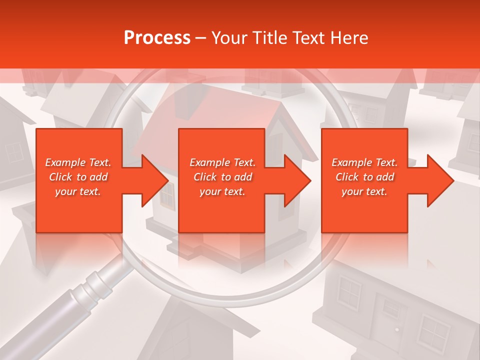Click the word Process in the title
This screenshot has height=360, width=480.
[x=157, y=38]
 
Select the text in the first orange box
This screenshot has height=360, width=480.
[x=78, y=177]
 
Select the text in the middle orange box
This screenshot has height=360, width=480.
[x=222, y=177]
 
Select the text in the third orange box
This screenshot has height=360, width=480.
[x=364, y=177]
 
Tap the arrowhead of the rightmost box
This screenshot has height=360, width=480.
[x=439, y=180]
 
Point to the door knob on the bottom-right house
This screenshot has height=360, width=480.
[x=396, y=329]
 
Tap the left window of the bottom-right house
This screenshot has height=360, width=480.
[x=350, y=292]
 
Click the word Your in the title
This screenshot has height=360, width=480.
[x=229, y=38]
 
